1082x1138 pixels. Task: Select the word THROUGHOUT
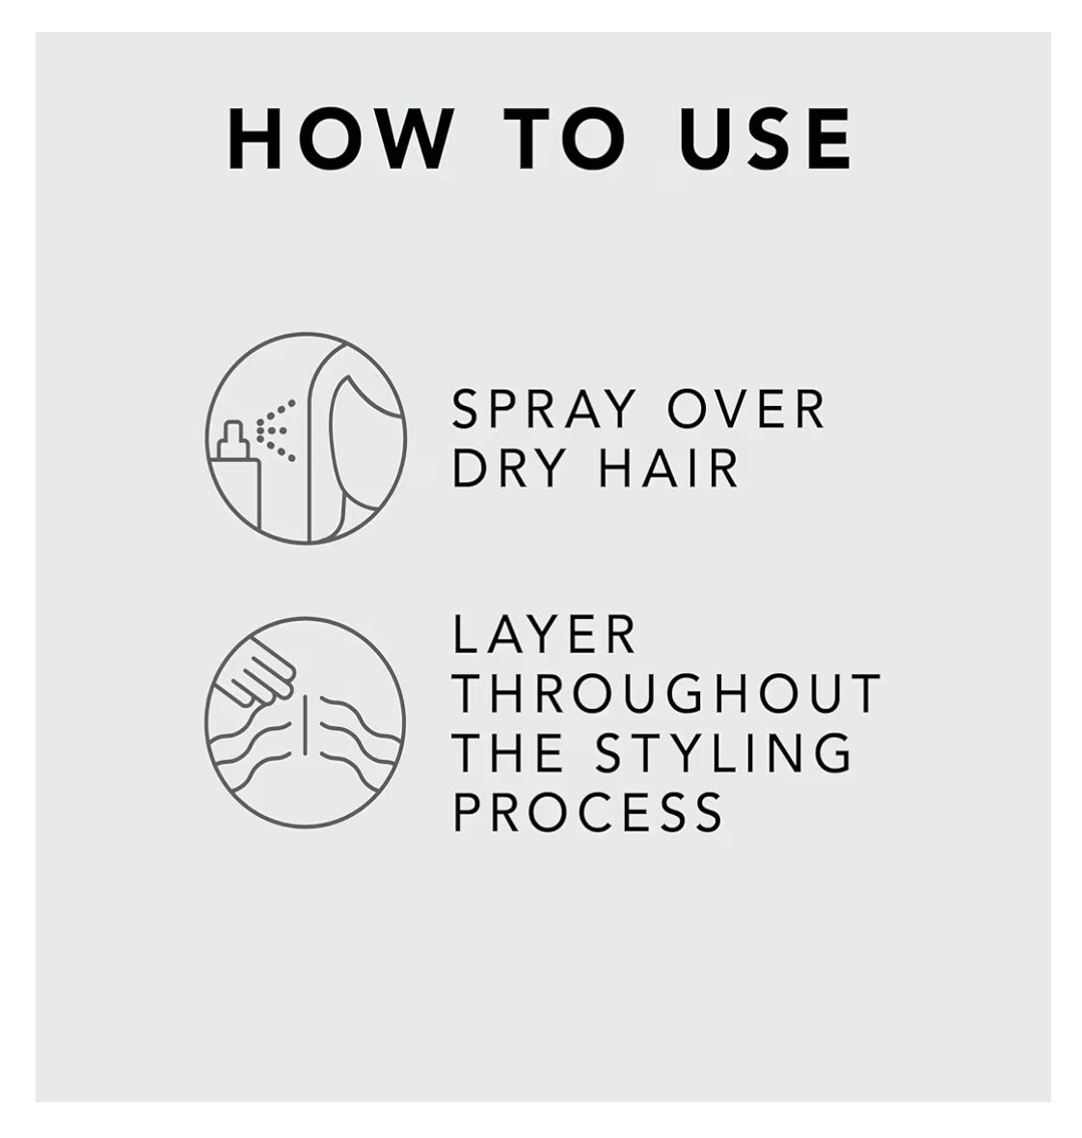(x=666, y=693)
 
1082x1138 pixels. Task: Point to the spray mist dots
(x=277, y=428)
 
